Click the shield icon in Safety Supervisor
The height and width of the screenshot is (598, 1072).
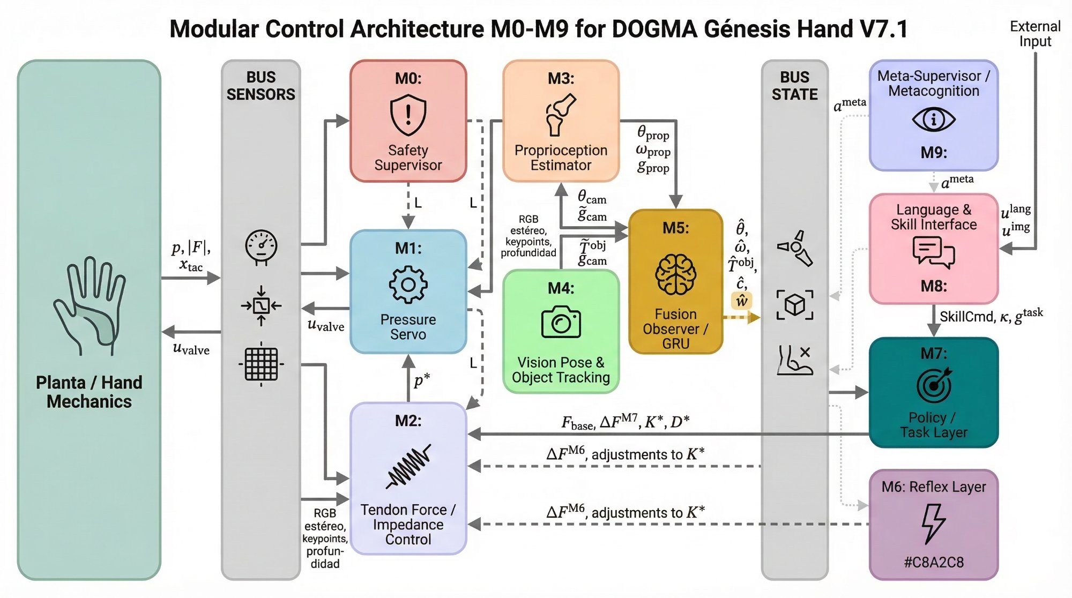[408, 115]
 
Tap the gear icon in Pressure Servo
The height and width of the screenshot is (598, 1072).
[408, 285]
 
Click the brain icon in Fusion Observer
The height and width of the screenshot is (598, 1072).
[675, 275]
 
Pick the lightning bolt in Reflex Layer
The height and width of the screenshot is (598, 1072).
[933, 523]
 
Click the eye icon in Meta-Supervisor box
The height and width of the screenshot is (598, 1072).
[933, 119]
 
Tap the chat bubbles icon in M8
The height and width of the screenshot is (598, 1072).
[933, 252]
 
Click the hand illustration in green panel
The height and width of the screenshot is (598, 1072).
[90, 305]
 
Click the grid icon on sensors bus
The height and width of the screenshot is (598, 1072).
[261, 364]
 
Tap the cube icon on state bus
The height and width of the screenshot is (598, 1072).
[795, 305]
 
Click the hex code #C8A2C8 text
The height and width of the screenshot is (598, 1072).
[933, 562]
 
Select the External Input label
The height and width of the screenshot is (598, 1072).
[1035, 34]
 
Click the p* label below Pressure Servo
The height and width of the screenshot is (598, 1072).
[422, 380]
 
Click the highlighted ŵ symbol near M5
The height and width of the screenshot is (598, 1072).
[742, 301]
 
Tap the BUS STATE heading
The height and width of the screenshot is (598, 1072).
[794, 86]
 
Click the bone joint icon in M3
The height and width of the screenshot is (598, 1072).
[561, 114]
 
